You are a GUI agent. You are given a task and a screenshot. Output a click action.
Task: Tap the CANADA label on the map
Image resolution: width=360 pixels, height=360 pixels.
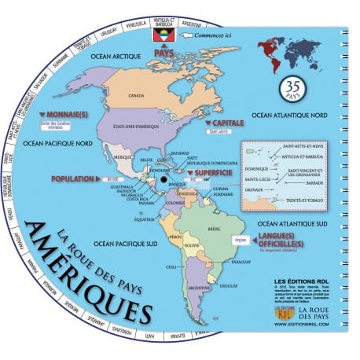(x=137, y=97)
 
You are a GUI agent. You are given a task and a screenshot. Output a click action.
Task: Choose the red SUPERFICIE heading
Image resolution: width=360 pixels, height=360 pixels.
(x=208, y=171)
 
